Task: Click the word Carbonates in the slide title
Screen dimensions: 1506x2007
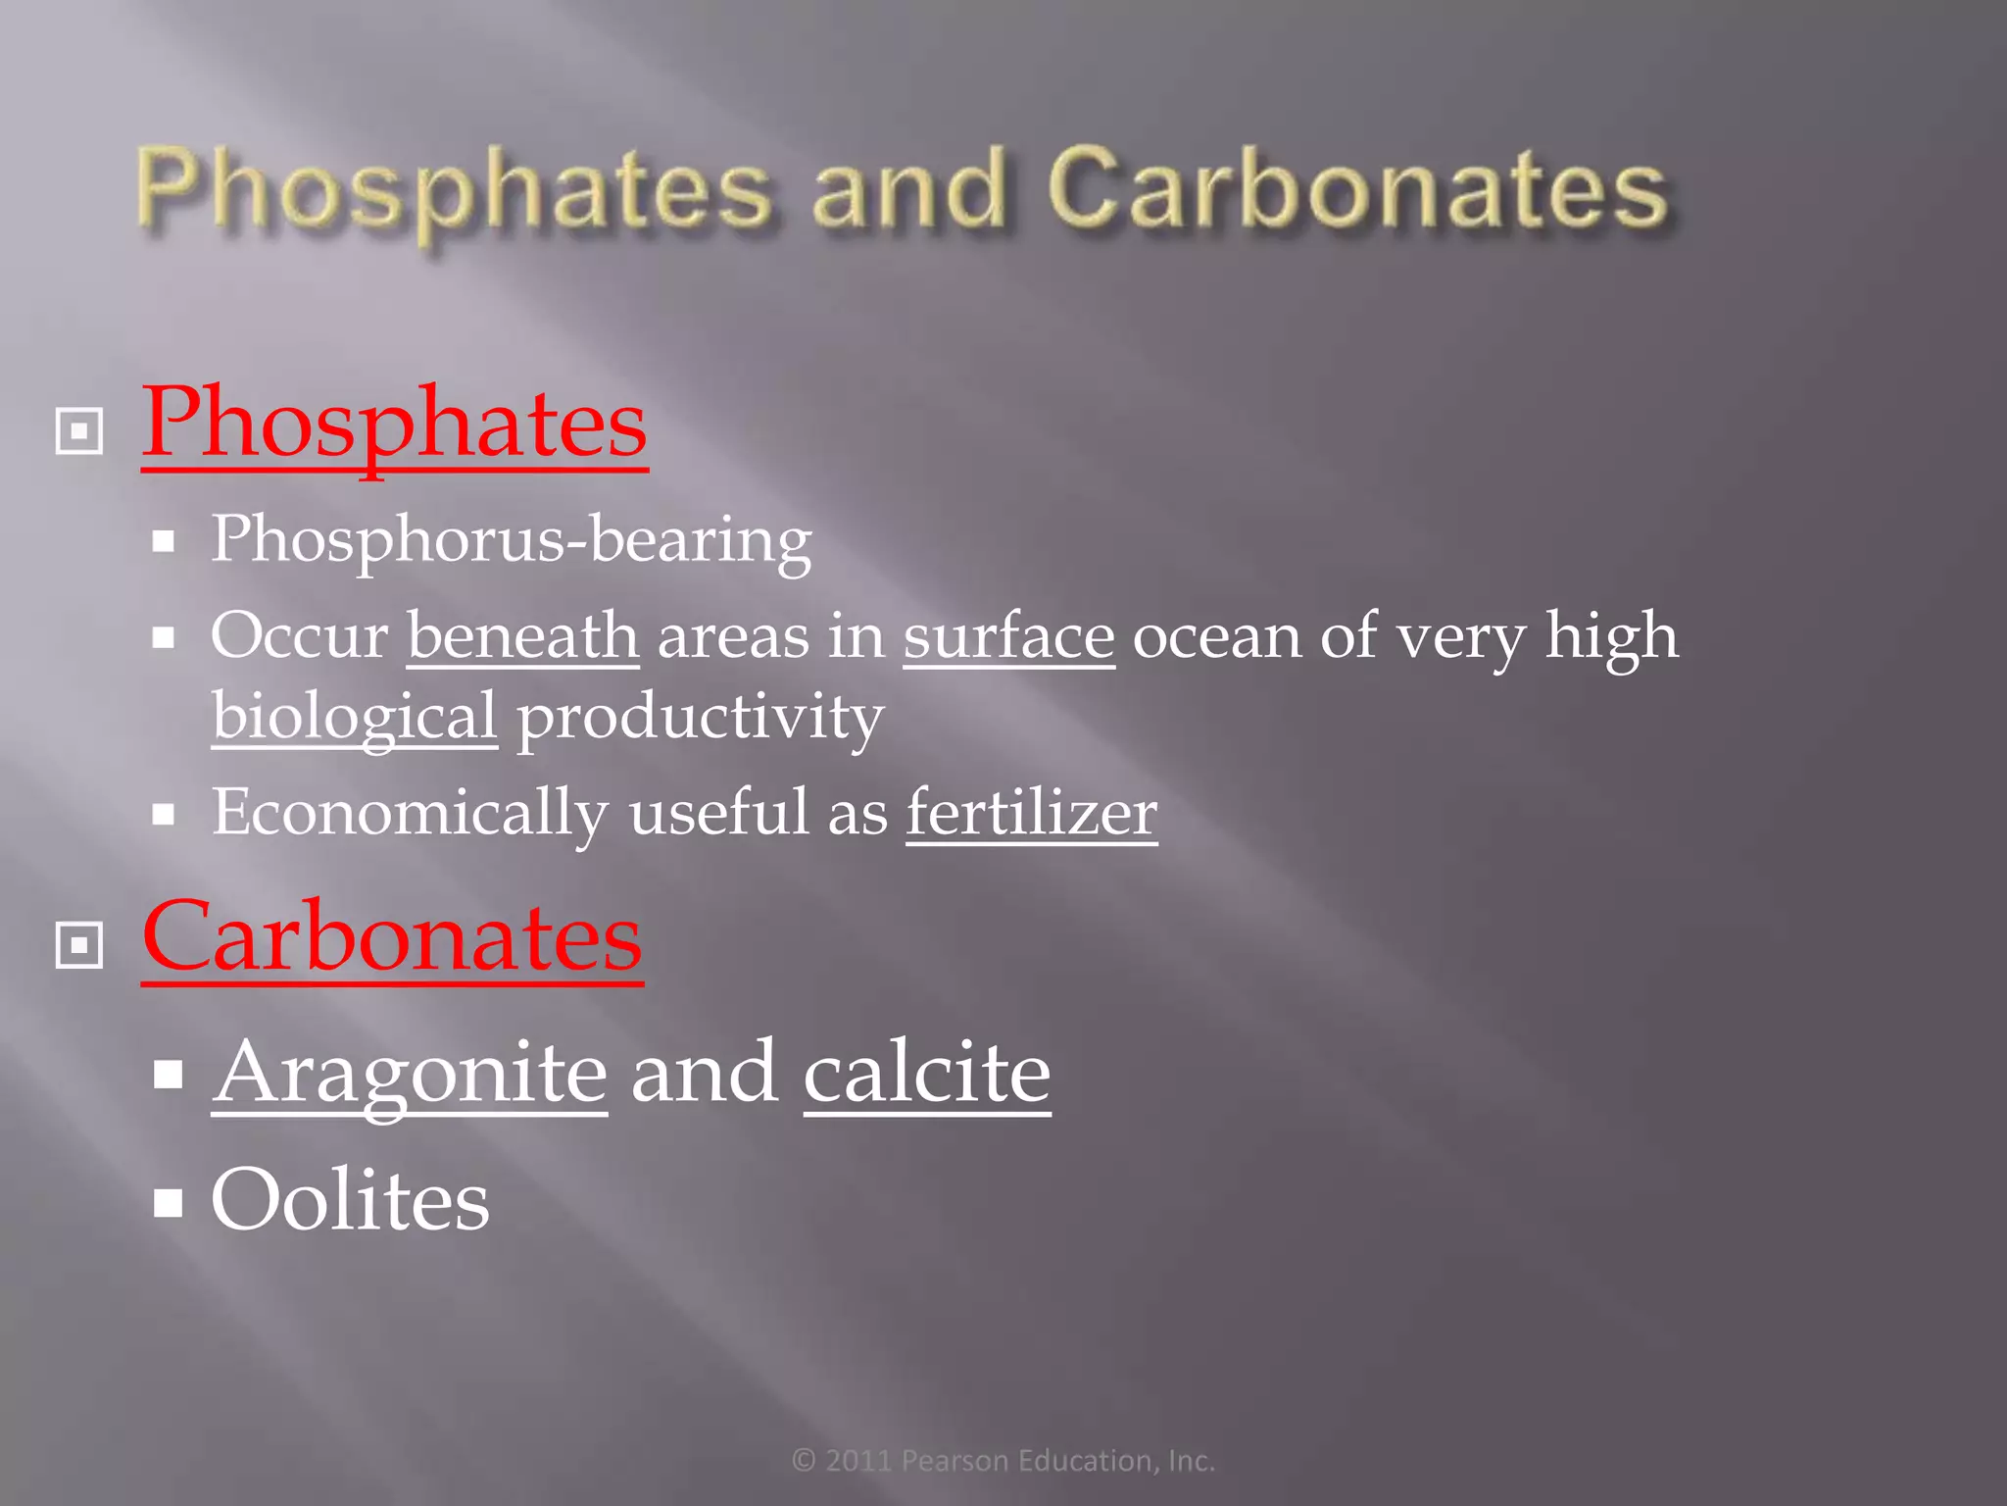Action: (1357, 188)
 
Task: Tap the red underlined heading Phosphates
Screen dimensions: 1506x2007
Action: (394, 424)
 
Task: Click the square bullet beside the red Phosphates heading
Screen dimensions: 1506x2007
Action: (79, 430)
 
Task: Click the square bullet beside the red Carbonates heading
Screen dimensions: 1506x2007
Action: (79, 945)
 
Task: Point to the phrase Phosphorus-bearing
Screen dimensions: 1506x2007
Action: (512, 540)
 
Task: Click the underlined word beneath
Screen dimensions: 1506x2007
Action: (523, 636)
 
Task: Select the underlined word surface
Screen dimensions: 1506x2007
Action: (1008, 636)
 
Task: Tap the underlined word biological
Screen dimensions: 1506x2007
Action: (355, 717)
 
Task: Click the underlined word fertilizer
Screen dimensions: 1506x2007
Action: (1031, 813)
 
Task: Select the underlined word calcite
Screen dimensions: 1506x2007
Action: (927, 1072)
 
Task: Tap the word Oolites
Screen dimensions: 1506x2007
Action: (350, 1199)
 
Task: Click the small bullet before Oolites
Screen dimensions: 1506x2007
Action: (169, 1201)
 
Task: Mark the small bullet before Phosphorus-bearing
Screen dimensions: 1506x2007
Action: (164, 541)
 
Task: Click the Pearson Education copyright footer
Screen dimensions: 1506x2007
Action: (1003, 1461)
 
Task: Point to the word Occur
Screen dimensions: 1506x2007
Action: (299, 636)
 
